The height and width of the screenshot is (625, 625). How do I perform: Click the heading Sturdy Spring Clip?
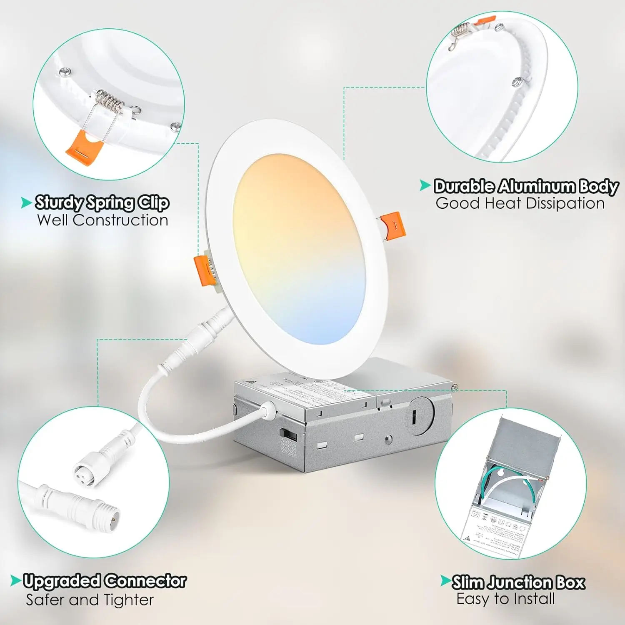[102, 202]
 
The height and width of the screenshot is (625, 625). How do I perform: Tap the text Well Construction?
[102, 220]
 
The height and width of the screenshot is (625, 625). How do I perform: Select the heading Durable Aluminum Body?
[526, 186]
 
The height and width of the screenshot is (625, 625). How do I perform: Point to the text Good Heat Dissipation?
[520, 203]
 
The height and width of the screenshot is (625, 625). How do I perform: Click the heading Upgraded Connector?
[105, 581]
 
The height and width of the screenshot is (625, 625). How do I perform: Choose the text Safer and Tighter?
[90, 600]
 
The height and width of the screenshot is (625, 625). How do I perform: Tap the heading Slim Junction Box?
[518, 582]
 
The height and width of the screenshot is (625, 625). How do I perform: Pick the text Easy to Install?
[505, 599]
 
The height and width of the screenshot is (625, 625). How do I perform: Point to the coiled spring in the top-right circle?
[461, 30]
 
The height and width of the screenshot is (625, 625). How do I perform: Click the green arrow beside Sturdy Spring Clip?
[27, 203]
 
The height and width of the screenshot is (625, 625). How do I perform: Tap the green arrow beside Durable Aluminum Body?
[425, 185]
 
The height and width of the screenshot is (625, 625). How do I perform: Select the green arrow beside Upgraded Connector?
[16, 580]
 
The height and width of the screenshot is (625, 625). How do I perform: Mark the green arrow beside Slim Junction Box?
[445, 580]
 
